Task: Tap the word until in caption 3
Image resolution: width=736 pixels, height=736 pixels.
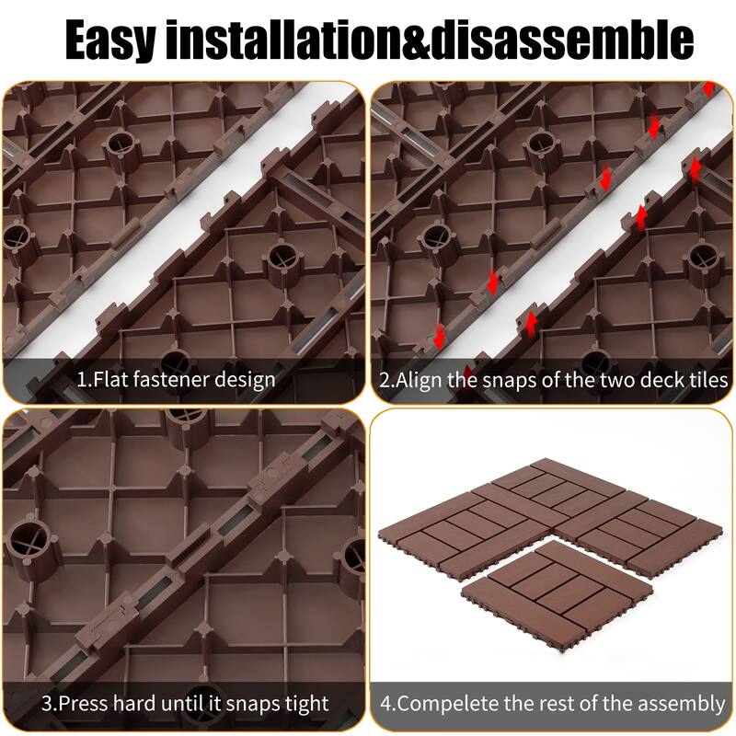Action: point(185,705)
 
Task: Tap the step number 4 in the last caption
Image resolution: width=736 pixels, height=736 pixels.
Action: point(386,705)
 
